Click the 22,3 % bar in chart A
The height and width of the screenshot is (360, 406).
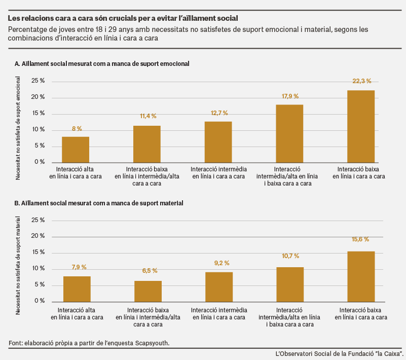pyautogui.click(x=361, y=126)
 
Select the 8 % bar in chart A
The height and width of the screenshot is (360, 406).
pyautogui.click(x=76, y=150)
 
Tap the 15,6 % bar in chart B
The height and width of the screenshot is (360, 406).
pyautogui.click(x=361, y=277)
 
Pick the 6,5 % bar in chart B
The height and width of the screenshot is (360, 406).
pyautogui.click(x=148, y=292)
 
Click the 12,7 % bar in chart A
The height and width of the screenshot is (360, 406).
pyautogui.click(x=218, y=142)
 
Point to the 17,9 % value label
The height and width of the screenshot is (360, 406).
pyautogui.click(x=290, y=96)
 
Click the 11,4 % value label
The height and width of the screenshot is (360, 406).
pyautogui.click(x=148, y=116)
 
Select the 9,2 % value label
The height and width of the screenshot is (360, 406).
pyautogui.click(x=222, y=263)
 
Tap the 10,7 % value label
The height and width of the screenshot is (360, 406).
pyautogui.click(x=290, y=256)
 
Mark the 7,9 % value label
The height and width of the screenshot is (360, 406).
pyautogui.click(x=79, y=267)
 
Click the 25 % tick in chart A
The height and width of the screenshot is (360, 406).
pyautogui.click(x=38, y=81)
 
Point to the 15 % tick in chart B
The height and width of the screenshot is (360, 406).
pyautogui.click(x=38, y=253)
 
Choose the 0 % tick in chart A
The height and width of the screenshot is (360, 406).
pyautogui.click(x=40, y=162)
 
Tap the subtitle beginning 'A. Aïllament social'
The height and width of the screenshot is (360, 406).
pyautogui.click(x=102, y=64)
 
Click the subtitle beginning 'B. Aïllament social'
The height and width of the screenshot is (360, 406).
pyautogui.click(x=99, y=203)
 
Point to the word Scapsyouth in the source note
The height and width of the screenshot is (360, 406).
pyautogui.click(x=152, y=343)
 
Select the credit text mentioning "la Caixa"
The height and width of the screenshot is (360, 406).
pyautogui.click(x=340, y=354)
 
